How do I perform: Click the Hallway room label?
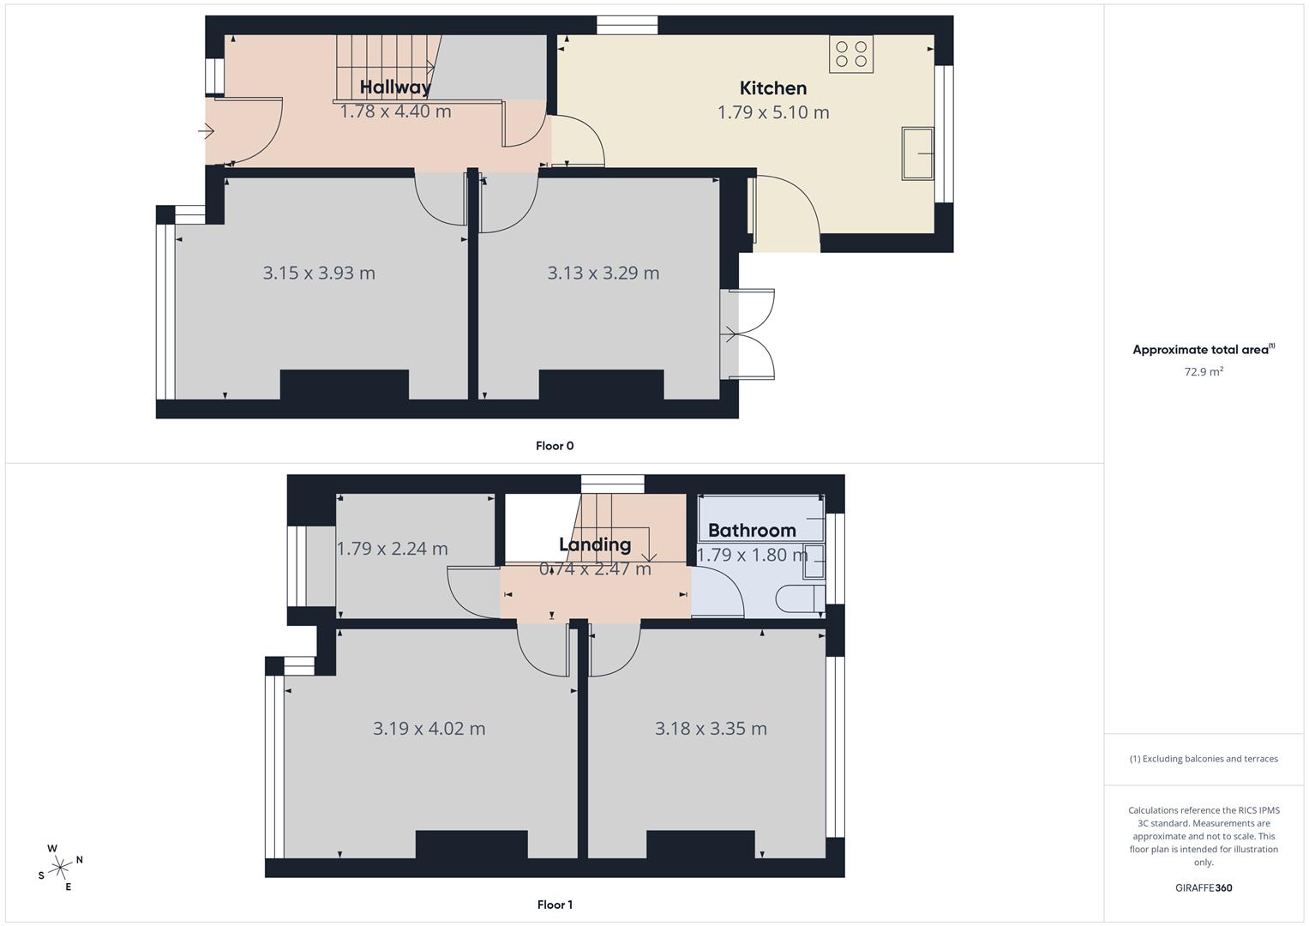[395, 87]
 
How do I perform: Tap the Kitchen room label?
[773, 87]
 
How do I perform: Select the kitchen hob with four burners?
[851, 54]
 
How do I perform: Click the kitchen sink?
[917, 153]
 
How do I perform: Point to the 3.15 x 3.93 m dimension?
[319, 273]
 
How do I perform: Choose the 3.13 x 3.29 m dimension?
[603, 273]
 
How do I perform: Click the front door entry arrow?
[206, 131]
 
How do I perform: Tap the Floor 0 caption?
[555, 446]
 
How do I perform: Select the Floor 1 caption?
[555, 905]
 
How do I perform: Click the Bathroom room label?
[752, 530]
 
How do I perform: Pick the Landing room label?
[595, 544]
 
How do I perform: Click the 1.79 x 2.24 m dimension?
[392, 549]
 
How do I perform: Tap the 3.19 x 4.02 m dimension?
[429, 729]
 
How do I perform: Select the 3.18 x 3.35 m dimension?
[711, 729]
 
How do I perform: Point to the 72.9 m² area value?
[1204, 372]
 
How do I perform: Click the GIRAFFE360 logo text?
[1204, 888]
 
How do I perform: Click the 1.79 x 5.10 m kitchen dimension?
[773, 112]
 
